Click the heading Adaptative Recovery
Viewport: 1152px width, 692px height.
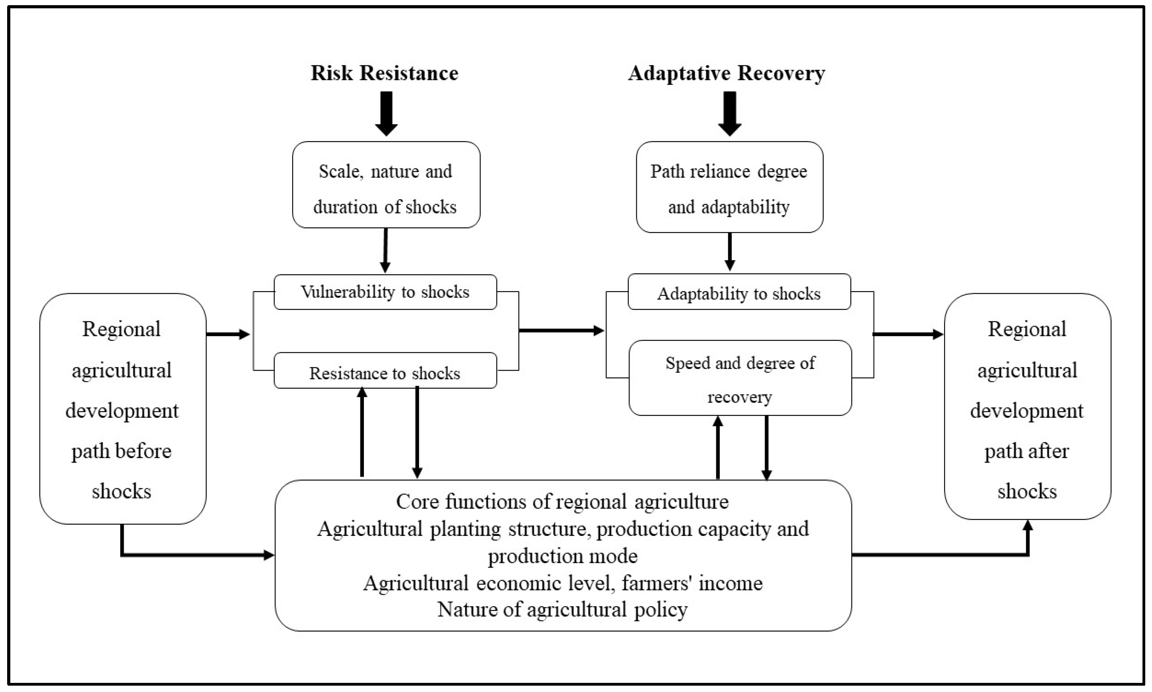click(726, 73)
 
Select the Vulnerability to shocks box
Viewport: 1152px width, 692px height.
click(385, 292)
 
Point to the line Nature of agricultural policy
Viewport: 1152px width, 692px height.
click(563, 610)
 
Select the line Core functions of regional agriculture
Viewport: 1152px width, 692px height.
click(563, 502)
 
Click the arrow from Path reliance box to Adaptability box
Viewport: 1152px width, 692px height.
click(730, 252)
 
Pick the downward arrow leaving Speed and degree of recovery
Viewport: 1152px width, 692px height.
click(766, 447)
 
